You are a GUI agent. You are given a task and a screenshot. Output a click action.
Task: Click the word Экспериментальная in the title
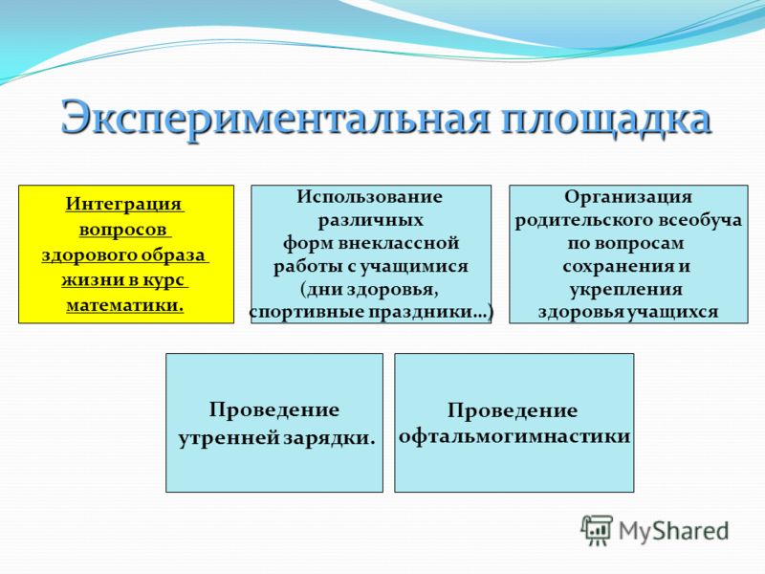274,118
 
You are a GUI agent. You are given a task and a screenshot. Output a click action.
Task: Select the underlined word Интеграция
124,204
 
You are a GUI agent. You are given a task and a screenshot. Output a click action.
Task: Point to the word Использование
370,197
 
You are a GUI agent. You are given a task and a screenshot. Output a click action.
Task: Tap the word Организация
628,197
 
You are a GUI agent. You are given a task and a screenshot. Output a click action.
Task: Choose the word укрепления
626,290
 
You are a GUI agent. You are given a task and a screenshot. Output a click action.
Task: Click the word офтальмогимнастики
514,436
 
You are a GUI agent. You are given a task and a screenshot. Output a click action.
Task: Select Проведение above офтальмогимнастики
513,411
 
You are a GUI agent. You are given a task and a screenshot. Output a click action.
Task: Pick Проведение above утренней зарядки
274,410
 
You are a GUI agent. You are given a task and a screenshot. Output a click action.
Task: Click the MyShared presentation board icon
597,530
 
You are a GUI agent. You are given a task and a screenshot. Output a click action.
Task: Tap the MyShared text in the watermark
674,531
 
